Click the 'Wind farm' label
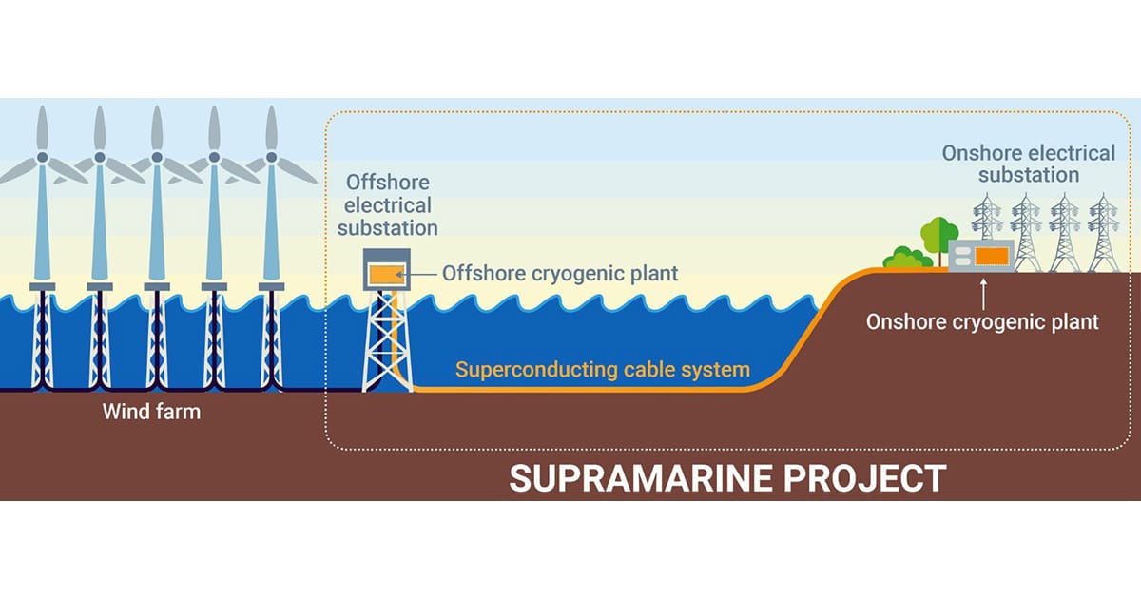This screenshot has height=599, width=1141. [151, 414]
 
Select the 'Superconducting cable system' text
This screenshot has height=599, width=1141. [603, 369]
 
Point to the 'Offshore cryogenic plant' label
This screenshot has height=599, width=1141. [560, 274]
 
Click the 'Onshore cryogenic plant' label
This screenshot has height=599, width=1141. [982, 321]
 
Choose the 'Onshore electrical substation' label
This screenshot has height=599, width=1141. [1028, 164]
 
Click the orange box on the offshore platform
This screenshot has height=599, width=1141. [385, 275]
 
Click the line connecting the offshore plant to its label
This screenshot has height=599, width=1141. [418, 275]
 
